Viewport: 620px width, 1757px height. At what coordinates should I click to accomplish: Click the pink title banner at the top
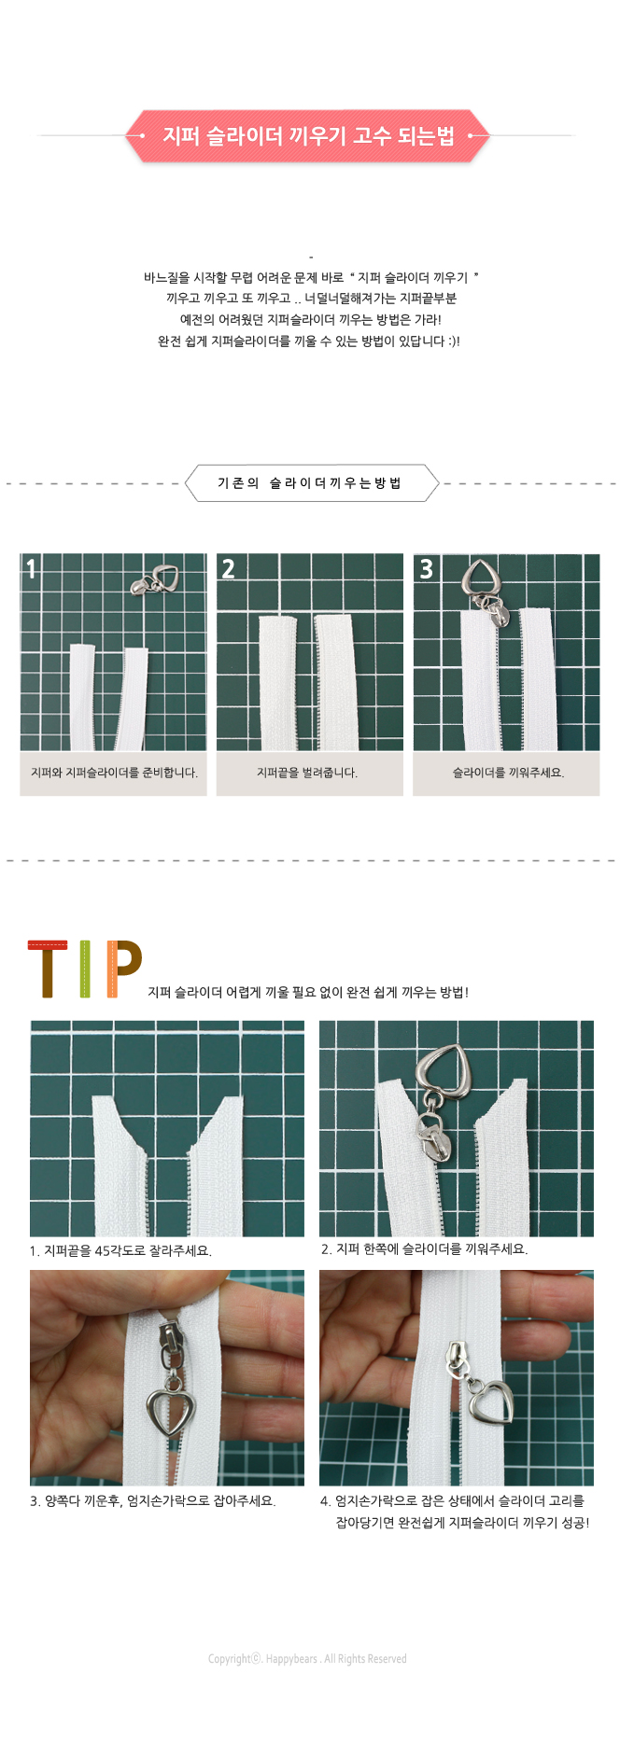click(x=308, y=136)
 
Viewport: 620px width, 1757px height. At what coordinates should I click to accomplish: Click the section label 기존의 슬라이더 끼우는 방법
click(x=309, y=483)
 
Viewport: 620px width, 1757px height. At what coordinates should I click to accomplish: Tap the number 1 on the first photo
click(x=31, y=568)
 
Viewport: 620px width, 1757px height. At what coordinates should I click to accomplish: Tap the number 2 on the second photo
click(x=228, y=568)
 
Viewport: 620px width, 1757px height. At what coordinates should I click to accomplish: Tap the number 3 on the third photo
click(x=426, y=568)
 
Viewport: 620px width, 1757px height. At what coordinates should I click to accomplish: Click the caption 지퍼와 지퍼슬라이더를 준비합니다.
click(x=114, y=773)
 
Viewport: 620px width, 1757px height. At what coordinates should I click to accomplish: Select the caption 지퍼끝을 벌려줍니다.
click(x=307, y=773)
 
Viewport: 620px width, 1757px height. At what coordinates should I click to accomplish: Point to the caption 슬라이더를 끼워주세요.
click(x=508, y=773)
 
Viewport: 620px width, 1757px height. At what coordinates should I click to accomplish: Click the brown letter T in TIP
click(x=48, y=969)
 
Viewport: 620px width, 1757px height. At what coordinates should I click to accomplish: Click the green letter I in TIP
click(x=86, y=969)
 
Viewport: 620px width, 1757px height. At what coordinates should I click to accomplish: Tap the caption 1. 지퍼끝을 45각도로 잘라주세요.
click(x=120, y=1250)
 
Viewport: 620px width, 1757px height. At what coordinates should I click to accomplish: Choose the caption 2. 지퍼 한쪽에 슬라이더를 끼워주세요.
click(x=425, y=1248)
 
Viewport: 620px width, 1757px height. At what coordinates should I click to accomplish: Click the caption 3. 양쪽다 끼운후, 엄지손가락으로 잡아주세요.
click(x=152, y=1501)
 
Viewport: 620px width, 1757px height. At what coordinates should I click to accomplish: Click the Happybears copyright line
click(x=307, y=1658)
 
